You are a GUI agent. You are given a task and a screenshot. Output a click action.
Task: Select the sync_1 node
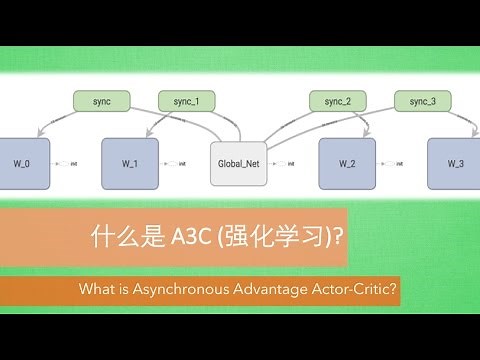187,101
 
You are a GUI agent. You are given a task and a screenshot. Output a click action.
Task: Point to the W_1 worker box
130,163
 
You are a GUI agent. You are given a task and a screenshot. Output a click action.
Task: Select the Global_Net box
238,163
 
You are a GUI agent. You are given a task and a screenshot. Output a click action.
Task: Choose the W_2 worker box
347,163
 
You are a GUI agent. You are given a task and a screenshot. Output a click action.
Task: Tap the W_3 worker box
455,163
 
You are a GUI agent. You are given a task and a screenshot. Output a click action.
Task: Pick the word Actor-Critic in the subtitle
360,291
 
